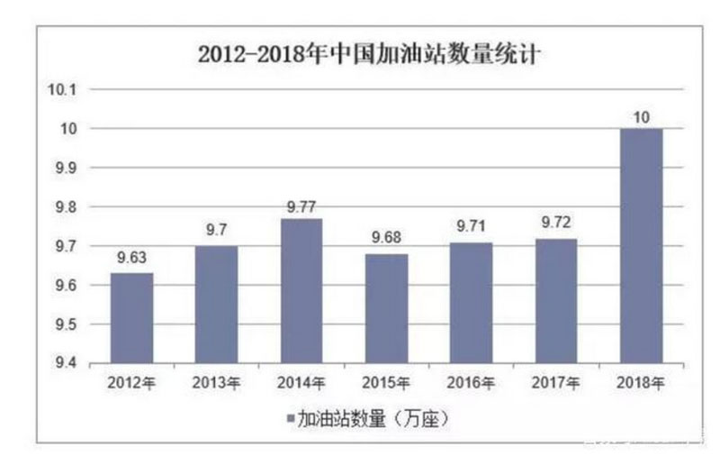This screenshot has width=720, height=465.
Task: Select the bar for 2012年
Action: (x=131, y=318)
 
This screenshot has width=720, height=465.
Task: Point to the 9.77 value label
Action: (x=301, y=205)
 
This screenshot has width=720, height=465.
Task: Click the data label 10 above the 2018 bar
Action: (x=641, y=116)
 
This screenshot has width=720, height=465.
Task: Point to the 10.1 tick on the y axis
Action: (x=69, y=90)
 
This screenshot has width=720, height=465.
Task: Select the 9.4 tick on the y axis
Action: (x=72, y=363)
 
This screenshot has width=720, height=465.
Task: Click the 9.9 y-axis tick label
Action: (x=72, y=169)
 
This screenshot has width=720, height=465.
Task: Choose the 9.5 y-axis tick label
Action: (x=72, y=324)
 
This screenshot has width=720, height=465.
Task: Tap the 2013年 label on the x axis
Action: (x=216, y=383)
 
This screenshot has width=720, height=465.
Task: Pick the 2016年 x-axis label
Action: (x=471, y=383)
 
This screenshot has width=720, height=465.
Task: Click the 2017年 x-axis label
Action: (x=555, y=383)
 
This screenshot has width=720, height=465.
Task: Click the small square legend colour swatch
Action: (x=291, y=419)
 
